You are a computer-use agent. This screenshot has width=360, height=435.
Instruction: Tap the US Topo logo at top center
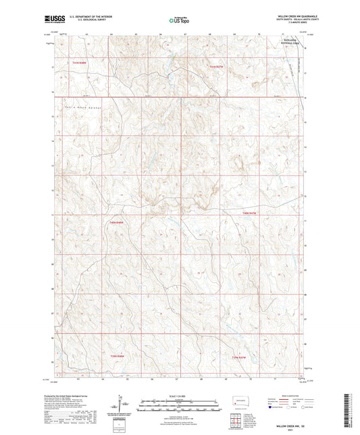(x=180, y=20)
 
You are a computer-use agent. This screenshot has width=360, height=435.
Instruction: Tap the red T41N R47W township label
(x=215, y=66)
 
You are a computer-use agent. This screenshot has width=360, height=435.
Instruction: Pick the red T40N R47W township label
(x=249, y=213)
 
